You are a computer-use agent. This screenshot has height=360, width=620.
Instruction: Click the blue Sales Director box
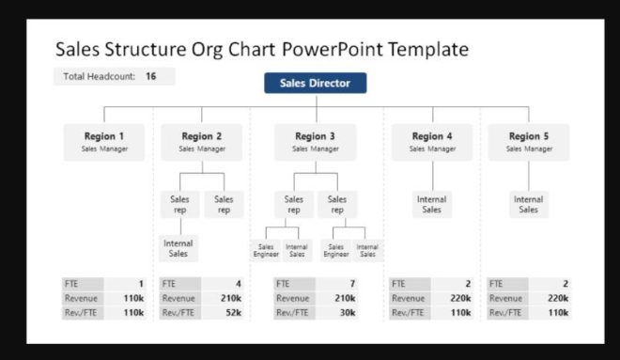[315, 84]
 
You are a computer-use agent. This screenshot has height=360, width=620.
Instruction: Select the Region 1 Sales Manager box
[103, 141]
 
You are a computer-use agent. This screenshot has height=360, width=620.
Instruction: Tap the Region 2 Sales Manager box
[202, 141]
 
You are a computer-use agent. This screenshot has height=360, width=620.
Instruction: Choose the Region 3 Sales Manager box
[316, 141]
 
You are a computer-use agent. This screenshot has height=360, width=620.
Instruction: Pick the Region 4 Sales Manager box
[432, 141]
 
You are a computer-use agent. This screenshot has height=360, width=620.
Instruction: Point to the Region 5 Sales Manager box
[529, 141]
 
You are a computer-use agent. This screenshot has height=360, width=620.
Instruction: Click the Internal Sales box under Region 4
[432, 204]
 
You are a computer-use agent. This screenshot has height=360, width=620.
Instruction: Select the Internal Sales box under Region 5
[529, 204]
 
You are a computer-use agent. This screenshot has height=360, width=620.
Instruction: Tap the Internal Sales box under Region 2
[178, 248]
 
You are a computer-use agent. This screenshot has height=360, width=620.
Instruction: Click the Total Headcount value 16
[150, 76]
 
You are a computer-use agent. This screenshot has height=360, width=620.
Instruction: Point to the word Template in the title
[423, 48]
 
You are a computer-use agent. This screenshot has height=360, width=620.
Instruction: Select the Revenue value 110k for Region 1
[131, 298]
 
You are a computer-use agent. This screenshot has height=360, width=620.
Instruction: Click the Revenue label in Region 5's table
[504, 298]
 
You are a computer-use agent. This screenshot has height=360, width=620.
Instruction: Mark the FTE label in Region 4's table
[398, 283]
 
